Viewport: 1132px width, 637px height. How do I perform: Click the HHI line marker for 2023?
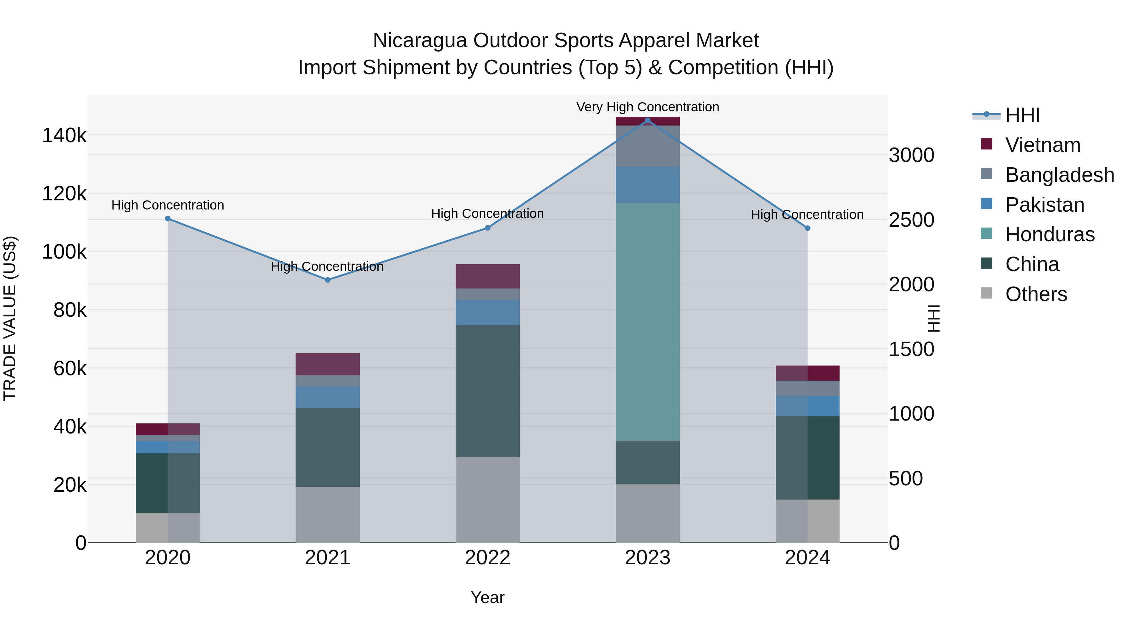pos(647,120)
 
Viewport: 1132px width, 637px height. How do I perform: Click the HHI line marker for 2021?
pos(327,280)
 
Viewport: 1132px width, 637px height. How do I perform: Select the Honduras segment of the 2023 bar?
pos(647,322)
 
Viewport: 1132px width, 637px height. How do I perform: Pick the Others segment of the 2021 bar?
pos(327,514)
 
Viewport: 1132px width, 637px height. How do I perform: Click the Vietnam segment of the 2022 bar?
pos(487,276)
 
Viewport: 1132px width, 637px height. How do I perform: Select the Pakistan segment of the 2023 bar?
pos(647,185)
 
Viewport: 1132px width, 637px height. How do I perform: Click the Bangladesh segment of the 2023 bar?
pos(647,146)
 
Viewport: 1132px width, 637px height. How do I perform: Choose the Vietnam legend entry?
pos(1042,145)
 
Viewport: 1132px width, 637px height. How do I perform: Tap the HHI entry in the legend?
pos(1022,115)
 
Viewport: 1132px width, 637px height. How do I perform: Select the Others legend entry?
pos(1036,294)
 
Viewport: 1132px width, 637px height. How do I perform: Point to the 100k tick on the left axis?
pos(64,252)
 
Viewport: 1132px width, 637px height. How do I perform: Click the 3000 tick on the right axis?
pos(911,155)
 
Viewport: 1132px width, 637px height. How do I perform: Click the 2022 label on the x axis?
pos(487,558)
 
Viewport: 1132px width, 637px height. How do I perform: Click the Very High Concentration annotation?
pos(647,107)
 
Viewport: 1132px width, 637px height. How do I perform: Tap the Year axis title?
pos(487,597)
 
